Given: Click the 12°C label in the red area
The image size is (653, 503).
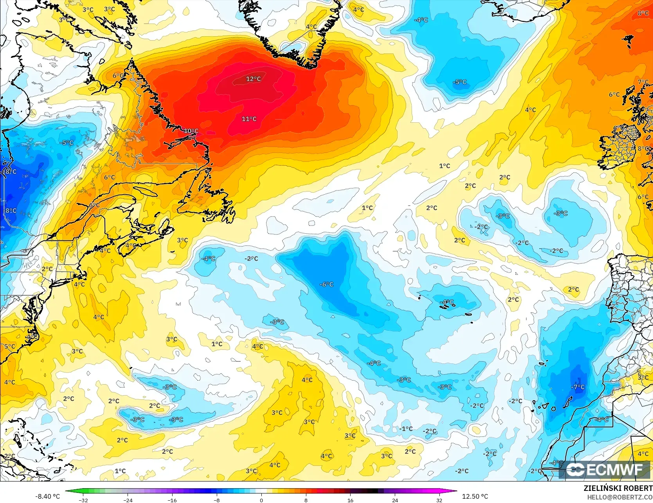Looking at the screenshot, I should click(x=253, y=79).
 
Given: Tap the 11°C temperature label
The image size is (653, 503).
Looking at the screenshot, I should click(x=249, y=119).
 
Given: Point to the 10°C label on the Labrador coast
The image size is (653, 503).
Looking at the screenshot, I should click(x=191, y=131).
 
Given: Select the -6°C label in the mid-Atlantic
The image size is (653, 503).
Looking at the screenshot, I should click(x=326, y=285).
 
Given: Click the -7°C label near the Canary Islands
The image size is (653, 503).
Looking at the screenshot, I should click(x=578, y=387).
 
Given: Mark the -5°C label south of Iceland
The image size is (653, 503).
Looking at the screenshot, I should click(x=460, y=82).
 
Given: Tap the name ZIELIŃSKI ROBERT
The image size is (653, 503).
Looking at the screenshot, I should click(x=618, y=488).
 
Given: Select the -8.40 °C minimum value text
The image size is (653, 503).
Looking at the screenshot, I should click(x=48, y=496).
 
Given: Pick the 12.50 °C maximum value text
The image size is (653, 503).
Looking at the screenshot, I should click(x=475, y=496).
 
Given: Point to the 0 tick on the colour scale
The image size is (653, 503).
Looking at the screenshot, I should click(x=261, y=500).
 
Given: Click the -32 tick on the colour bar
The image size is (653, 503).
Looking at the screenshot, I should click(x=83, y=500).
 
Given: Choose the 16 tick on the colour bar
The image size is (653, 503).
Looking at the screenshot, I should click(x=350, y=500).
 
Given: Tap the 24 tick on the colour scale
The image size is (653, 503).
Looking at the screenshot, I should click(x=395, y=500).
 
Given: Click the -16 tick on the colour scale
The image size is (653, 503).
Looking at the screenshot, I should click(x=172, y=500).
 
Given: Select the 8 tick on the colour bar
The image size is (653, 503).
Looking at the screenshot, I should click(x=306, y=500).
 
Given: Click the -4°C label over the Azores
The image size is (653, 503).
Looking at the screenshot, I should click(x=447, y=302).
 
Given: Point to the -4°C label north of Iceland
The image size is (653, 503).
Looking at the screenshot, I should click(x=421, y=20).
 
